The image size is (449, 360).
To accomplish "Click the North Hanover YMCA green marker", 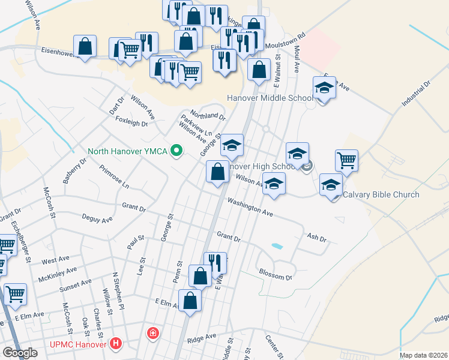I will [176, 150].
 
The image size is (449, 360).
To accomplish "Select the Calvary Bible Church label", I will [381, 194].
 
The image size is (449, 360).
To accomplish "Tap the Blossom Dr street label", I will [276, 275].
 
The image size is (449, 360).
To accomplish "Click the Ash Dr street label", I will [316, 238].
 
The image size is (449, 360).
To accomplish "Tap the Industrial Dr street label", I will [417, 94].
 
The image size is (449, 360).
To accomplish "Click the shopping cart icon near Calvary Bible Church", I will [346, 160].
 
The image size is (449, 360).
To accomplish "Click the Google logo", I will [19, 353].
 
